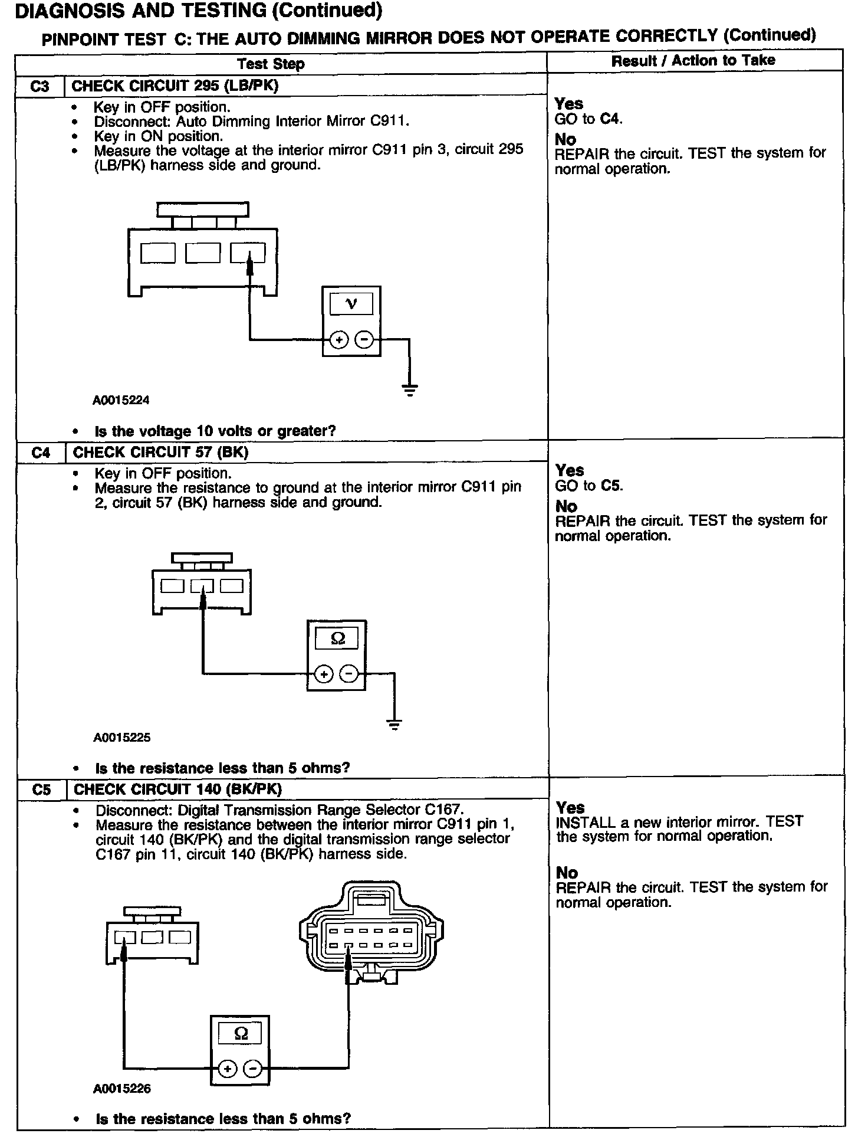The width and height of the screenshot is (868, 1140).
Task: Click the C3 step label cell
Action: click(x=40, y=87)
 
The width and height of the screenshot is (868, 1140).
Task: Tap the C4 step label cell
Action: click(x=41, y=453)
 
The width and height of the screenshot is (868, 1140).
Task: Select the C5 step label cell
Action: click(x=42, y=790)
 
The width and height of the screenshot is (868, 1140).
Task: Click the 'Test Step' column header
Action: click(x=271, y=64)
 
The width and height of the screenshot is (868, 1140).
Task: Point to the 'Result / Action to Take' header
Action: click(x=693, y=60)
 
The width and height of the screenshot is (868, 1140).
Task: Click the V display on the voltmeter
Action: click(x=351, y=304)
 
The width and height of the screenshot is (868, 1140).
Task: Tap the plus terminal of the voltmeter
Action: click(x=338, y=340)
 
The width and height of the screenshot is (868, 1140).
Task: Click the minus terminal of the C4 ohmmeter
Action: click(x=350, y=674)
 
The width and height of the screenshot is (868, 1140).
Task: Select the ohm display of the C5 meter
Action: click(x=241, y=1033)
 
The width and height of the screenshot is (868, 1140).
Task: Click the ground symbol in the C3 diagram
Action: click(x=409, y=389)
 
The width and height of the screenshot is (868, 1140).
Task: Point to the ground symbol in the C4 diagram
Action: click(x=394, y=724)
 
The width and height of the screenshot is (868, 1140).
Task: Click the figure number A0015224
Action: click(x=121, y=401)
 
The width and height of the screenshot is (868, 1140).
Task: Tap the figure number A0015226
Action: click(x=122, y=1089)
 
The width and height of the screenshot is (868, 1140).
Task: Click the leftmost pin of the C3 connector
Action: click(x=158, y=254)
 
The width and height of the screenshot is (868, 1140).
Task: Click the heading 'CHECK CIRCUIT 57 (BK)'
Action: click(x=160, y=453)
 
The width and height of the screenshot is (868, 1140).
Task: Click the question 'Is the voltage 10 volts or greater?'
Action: click(x=215, y=431)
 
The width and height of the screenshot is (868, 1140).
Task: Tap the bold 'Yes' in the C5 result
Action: click(x=570, y=807)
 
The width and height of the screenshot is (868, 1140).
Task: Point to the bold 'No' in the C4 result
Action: click(x=566, y=506)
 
